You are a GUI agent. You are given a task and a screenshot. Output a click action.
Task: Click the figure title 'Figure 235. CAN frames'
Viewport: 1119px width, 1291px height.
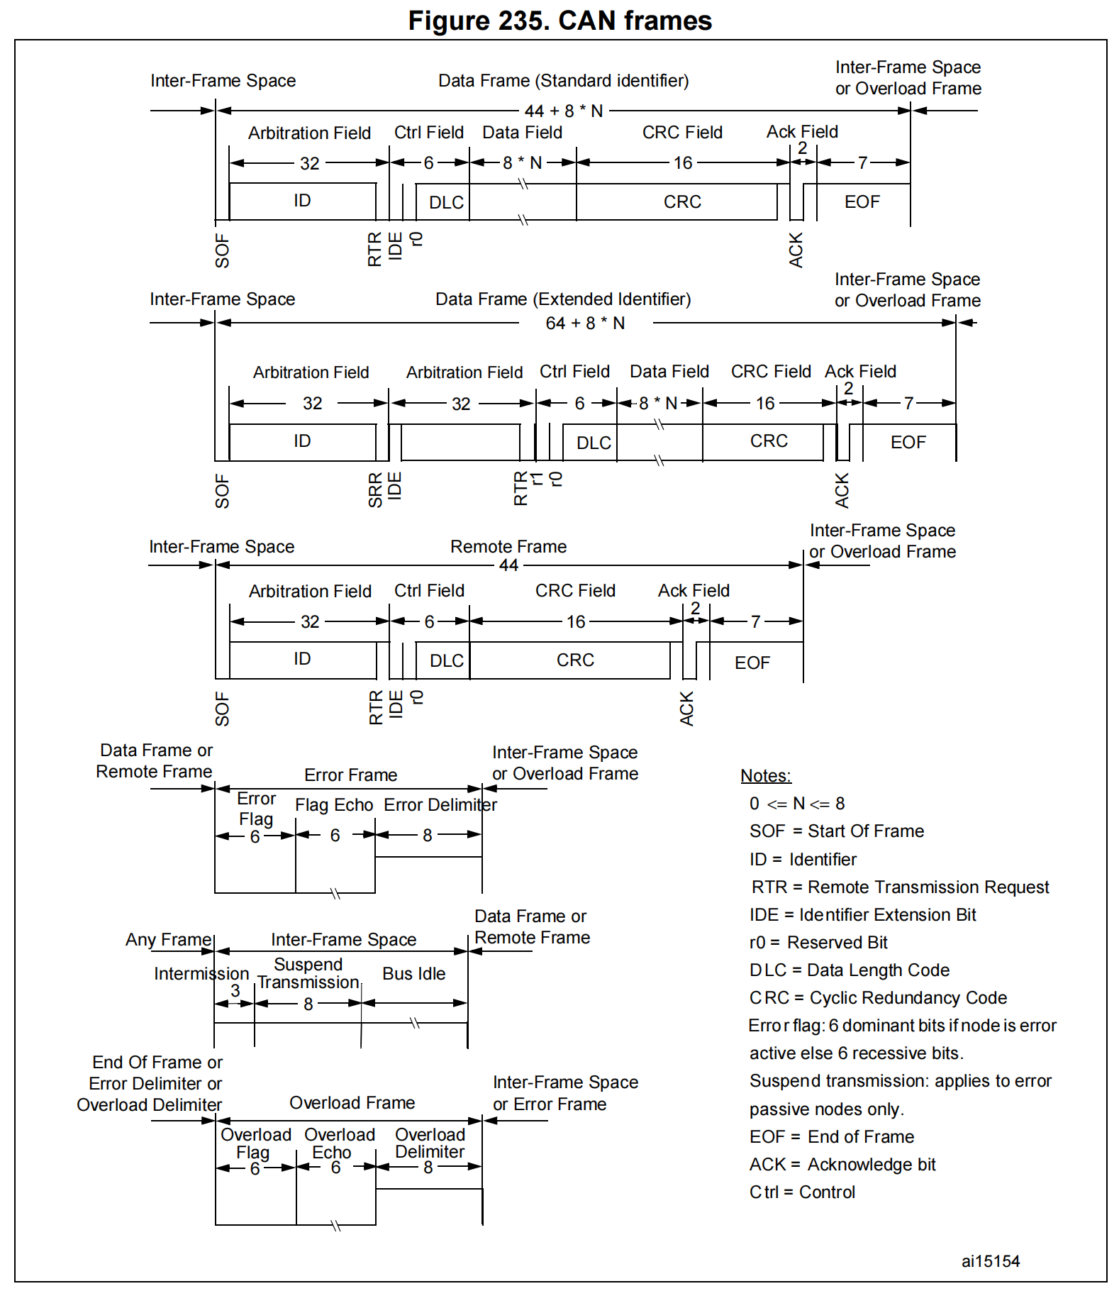559,21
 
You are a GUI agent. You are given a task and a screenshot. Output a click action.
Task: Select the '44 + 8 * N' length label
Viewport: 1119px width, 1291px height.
563,111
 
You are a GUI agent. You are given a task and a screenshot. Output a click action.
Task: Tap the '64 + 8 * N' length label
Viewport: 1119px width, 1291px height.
585,323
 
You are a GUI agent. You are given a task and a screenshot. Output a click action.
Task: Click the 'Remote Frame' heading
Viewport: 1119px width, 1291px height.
508,547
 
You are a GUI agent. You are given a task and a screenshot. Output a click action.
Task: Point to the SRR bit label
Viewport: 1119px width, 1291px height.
375,489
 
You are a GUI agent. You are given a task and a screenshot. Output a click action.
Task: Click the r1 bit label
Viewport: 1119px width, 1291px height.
538,479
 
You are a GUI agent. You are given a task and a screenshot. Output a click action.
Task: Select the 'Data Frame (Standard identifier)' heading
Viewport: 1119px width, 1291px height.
563,81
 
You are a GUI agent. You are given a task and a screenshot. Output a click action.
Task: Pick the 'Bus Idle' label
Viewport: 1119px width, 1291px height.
413,974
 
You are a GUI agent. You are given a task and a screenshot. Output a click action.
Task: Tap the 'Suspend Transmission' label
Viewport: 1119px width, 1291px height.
308,973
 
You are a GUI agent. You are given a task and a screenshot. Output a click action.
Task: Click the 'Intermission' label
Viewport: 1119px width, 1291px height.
201,974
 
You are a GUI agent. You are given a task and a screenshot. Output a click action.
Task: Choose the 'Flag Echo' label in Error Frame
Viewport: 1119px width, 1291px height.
334,805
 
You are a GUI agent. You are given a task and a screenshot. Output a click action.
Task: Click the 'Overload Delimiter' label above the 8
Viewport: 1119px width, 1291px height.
430,1143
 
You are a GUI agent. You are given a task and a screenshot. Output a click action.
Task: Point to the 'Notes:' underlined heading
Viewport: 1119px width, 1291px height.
765,776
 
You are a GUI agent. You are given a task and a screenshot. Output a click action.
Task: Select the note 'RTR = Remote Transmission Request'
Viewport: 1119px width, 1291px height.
900,887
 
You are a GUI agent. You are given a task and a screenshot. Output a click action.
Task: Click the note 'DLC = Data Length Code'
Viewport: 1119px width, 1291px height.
849,970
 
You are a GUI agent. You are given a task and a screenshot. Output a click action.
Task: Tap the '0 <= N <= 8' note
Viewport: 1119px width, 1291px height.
797,804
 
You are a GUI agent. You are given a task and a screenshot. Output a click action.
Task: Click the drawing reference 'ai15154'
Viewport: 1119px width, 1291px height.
990,1261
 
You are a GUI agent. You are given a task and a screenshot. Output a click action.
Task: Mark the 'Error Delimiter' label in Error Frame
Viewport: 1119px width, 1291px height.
440,805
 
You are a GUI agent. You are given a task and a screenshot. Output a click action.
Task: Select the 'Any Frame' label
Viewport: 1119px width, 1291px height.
169,940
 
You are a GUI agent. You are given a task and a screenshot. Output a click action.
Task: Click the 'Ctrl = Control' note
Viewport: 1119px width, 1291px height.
802,1192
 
